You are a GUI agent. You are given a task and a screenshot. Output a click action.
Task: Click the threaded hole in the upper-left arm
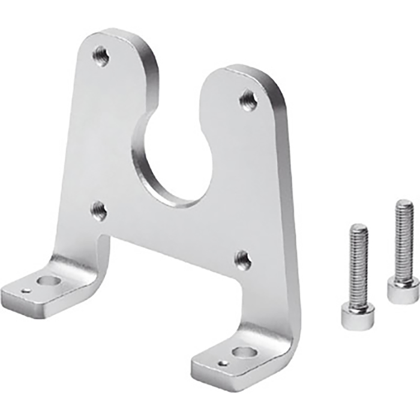tap(101, 57)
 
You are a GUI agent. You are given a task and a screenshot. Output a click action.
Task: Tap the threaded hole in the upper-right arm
tap(248, 99)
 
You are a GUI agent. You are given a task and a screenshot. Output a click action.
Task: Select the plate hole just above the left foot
tap(99, 210)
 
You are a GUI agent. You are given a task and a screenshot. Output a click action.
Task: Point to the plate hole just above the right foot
tap(242, 259)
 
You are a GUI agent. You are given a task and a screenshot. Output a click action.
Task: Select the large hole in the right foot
tap(242, 353)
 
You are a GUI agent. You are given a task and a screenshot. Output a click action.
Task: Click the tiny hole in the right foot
tap(223, 363)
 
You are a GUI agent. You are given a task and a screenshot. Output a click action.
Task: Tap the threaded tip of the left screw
tap(359, 228)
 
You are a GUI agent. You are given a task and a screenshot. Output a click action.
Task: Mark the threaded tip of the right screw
tap(404, 204)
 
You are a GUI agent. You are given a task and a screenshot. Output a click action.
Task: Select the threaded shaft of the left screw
tap(358, 264)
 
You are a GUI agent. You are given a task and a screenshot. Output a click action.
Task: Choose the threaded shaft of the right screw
tap(403, 240)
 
